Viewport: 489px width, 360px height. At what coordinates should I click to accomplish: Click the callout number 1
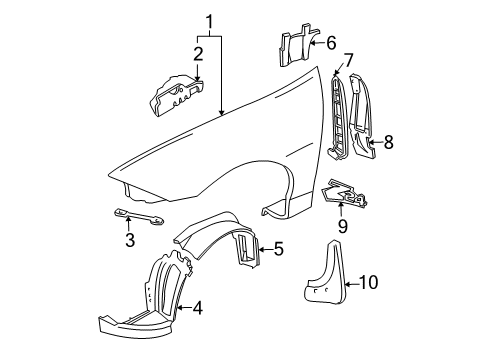click(210, 20)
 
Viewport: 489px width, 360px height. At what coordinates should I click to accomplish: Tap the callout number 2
click(198, 53)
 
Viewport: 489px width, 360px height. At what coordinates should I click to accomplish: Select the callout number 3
click(129, 268)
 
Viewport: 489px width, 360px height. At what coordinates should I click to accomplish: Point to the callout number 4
click(197, 308)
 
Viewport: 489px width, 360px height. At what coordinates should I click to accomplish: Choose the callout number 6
click(330, 42)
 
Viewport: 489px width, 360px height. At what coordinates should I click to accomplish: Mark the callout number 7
click(348, 63)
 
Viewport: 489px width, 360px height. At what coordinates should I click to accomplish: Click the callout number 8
click(388, 142)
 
